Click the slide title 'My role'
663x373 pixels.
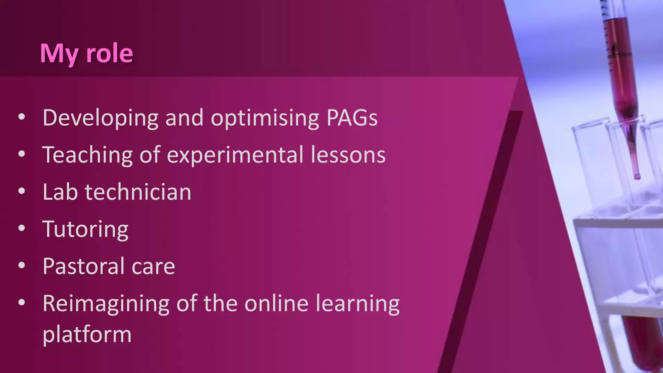[x=86, y=53]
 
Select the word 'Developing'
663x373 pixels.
[x=100, y=118]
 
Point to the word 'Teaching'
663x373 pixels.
[x=87, y=155]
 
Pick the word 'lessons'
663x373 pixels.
[x=348, y=155]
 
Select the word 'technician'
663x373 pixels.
[x=138, y=192]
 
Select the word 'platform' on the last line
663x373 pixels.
[x=87, y=335]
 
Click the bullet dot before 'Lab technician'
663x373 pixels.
[x=22, y=191]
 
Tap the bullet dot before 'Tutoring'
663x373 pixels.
[x=22, y=228]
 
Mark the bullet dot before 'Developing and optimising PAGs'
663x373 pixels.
[x=22, y=117]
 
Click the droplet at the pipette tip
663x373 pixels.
[x=637, y=177]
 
